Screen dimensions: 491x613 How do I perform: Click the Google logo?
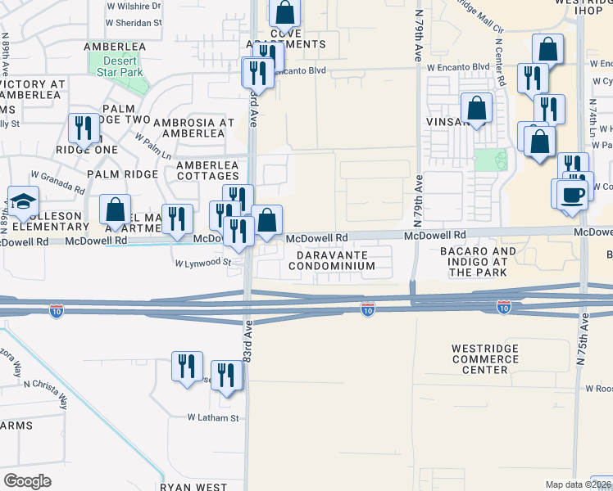click(27, 481)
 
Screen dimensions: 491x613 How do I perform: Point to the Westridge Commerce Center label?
click(491, 359)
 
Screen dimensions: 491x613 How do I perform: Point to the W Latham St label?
click(212, 417)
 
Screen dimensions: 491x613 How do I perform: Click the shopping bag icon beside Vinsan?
click(476, 108)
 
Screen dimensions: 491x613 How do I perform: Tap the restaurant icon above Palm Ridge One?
click(84, 128)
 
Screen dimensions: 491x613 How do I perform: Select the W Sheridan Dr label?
click(134, 24)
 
